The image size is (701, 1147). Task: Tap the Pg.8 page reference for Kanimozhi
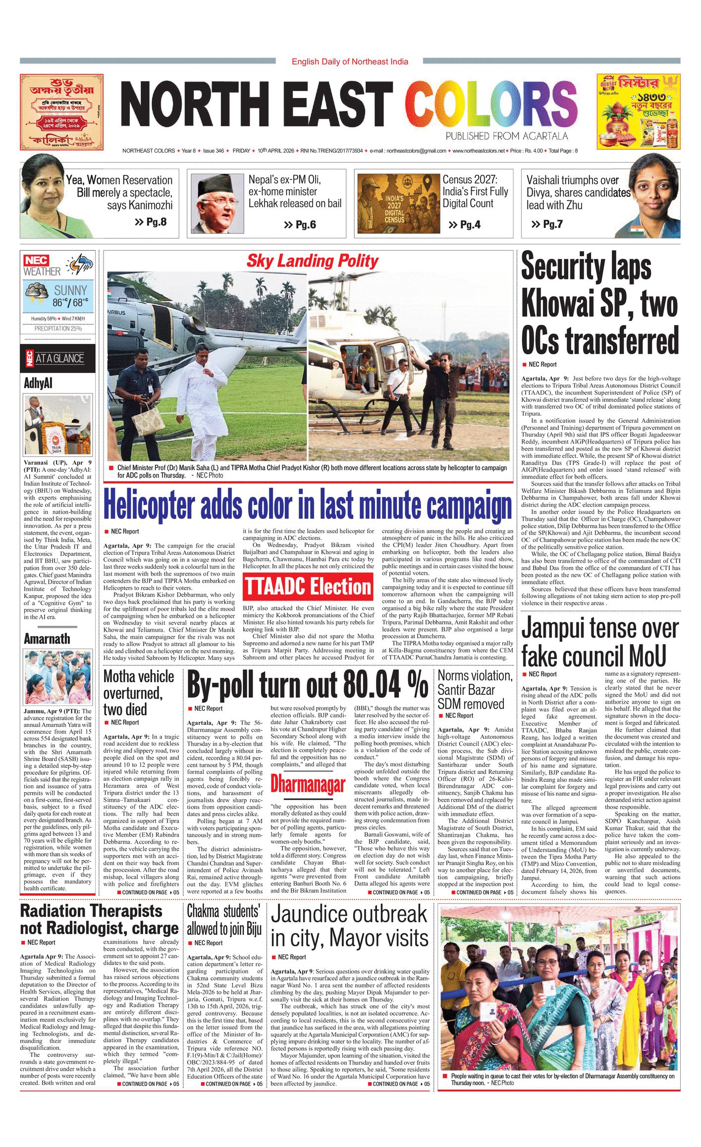151,222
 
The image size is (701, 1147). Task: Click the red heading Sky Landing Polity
312,261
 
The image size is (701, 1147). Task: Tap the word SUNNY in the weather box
70,290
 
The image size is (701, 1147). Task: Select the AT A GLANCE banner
58,358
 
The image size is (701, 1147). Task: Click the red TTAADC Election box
308,587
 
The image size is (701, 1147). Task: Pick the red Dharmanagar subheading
308,784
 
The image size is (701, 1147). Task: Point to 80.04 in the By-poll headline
372,685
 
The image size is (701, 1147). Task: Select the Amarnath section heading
47,639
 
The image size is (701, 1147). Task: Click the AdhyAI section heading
38,383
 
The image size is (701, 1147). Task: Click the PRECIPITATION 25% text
58,328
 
